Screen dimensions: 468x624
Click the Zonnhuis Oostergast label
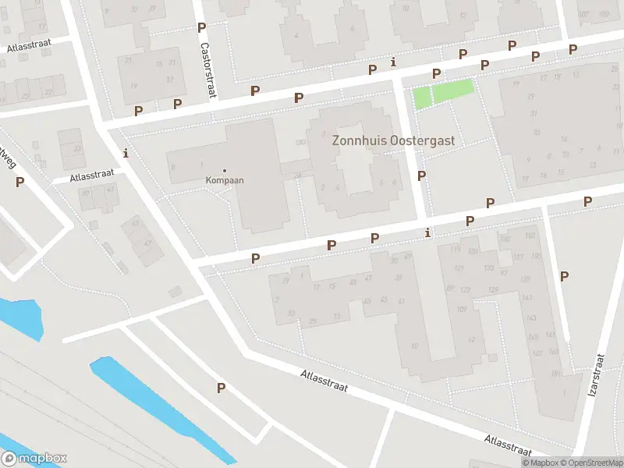coord(393,141)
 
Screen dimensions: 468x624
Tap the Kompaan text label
coord(225,180)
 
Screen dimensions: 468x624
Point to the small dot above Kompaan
coord(225,170)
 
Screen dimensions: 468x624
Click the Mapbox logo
coord(34,459)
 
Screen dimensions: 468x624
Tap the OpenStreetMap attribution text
coord(590,462)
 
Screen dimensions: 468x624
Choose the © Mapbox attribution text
coord(539,462)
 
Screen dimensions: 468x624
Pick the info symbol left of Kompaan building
coord(126,152)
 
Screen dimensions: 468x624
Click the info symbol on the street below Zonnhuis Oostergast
coord(427,232)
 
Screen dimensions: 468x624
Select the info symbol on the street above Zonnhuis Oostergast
coord(393,62)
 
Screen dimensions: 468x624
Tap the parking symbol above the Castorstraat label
coord(201,27)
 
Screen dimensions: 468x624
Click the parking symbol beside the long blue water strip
coord(221,388)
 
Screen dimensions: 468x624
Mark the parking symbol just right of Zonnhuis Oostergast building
coord(421,175)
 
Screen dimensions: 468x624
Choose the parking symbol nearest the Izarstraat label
coord(564,275)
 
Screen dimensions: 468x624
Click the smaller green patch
coord(421,97)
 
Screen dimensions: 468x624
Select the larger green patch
coord(453,91)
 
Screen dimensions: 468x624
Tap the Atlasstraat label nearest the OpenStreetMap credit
coord(508,445)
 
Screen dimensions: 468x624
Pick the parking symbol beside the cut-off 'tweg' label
coord(19,182)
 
